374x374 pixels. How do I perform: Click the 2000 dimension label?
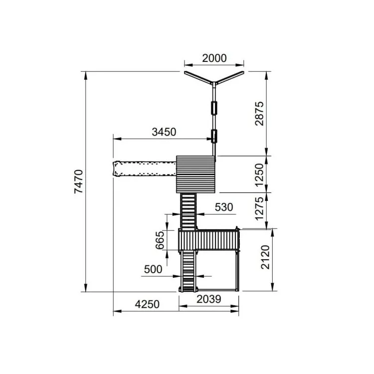[x=214, y=58]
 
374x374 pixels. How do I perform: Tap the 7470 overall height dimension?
[x=79, y=182]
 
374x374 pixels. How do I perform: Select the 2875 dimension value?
[x=259, y=114]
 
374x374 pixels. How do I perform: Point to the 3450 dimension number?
[x=164, y=132]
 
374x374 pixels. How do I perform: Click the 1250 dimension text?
[x=259, y=175]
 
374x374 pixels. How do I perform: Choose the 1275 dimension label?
[x=259, y=209]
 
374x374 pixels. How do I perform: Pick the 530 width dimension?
[x=224, y=207]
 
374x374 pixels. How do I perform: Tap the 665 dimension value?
[x=160, y=240]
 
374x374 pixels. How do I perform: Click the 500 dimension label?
[x=153, y=269]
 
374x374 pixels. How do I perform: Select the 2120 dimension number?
[x=265, y=257]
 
